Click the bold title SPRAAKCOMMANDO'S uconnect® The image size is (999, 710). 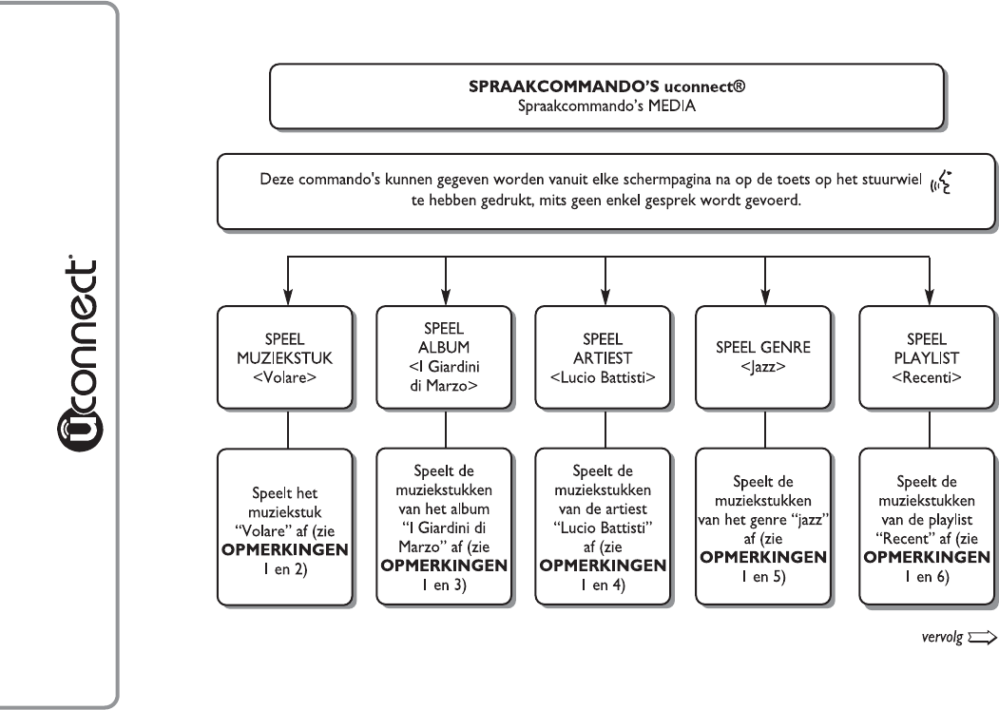pyautogui.click(x=606, y=86)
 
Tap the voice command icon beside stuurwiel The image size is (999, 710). pyautogui.click(x=941, y=182)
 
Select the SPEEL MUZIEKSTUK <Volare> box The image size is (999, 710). pyautogui.click(x=285, y=357)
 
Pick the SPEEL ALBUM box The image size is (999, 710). pyautogui.click(x=444, y=357)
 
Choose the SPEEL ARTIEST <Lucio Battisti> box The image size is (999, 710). pyautogui.click(x=603, y=357)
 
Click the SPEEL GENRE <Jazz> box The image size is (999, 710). pyautogui.click(x=763, y=357)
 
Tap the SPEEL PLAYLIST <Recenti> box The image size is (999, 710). pyautogui.click(x=927, y=357)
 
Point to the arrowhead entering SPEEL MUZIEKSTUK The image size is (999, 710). pyautogui.click(x=288, y=297)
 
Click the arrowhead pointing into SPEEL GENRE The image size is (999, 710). pyautogui.click(x=765, y=297)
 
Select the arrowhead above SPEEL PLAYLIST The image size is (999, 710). pyautogui.click(x=930, y=297)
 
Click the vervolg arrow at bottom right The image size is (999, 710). pyautogui.click(x=982, y=638)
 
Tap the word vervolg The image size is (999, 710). pyautogui.click(x=942, y=637)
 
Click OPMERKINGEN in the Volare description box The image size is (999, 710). pyautogui.click(x=285, y=550)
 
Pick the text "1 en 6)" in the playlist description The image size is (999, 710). pyautogui.click(x=927, y=577)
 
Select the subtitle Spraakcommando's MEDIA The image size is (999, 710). pyautogui.click(x=606, y=106)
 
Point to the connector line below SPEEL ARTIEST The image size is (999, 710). pyautogui.click(x=605, y=429)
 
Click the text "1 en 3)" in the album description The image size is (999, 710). pyautogui.click(x=444, y=585)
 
